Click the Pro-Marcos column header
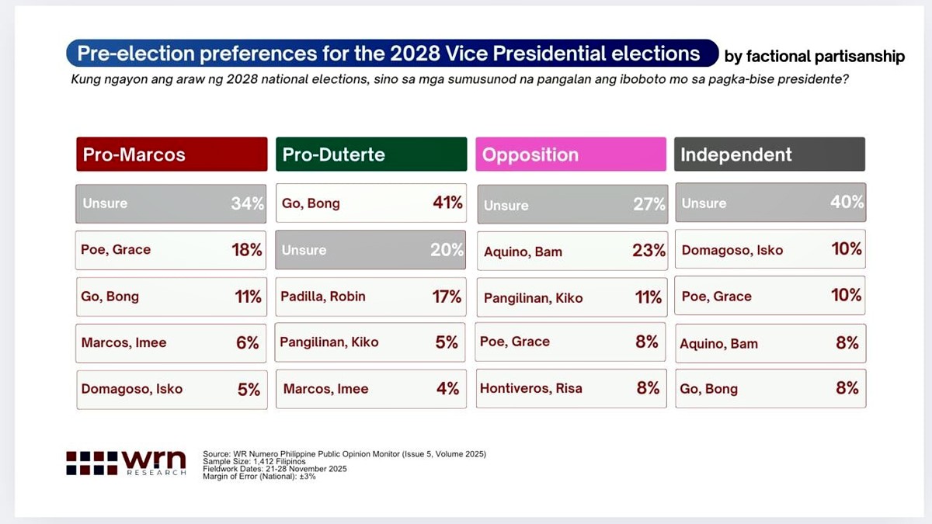(x=171, y=154)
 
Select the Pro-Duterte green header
(x=370, y=154)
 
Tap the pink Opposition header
(x=570, y=154)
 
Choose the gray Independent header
(x=769, y=154)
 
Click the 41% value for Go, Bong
(x=447, y=203)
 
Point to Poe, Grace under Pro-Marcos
(x=116, y=250)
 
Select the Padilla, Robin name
(x=324, y=297)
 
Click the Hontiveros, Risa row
(x=570, y=388)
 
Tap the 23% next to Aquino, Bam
(x=649, y=252)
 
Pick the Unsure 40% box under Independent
(x=770, y=203)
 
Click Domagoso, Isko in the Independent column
(x=732, y=250)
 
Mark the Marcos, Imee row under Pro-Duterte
(x=370, y=389)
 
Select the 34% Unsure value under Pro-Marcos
(x=247, y=203)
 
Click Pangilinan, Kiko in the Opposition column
(x=533, y=298)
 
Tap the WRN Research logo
(x=126, y=463)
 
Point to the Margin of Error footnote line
(x=259, y=476)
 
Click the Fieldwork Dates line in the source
(x=275, y=469)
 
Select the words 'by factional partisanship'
(x=814, y=57)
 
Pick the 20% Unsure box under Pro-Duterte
(x=370, y=250)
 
